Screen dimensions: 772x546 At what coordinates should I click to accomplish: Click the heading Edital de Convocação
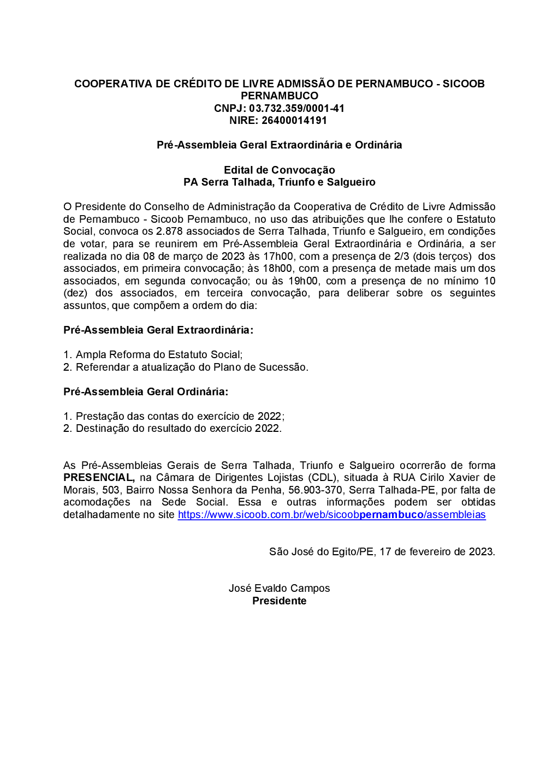279,170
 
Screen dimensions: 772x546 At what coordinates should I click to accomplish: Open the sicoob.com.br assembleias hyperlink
331,515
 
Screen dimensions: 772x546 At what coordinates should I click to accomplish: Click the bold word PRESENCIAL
99,478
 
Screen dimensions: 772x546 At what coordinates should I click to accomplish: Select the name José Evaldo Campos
279,589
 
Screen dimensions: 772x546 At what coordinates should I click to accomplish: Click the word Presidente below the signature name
279,601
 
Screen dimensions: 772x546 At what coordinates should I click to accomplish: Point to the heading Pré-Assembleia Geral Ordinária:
146,391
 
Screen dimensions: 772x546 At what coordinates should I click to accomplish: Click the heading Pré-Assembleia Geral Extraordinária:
158,330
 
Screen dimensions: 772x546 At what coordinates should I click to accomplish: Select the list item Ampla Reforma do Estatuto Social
158,355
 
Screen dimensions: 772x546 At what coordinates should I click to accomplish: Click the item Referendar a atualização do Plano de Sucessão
192,367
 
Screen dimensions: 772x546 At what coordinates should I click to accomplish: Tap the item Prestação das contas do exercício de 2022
179,417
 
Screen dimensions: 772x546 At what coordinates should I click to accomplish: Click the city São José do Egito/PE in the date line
321,552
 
